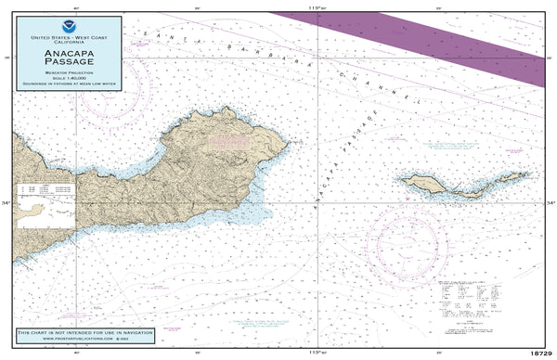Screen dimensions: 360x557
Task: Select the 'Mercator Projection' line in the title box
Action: [67, 74]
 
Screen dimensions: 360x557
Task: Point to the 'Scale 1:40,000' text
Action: [67, 79]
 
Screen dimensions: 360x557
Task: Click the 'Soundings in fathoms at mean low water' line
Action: [67, 84]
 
